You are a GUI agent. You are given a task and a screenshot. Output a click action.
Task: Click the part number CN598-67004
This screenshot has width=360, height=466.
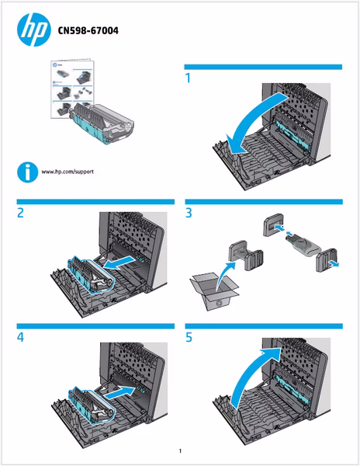pyautogui.click(x=88, y=30)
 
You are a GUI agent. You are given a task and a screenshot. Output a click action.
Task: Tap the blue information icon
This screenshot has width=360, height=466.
pyautogui.click(x=28, y=172)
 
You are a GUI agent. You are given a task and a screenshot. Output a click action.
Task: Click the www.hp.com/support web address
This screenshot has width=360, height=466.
pyautogui.click(x=67, y=172)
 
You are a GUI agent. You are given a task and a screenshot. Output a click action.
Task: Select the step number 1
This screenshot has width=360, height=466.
pyautogui.click(x=188, y=78)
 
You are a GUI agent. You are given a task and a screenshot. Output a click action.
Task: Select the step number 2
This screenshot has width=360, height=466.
pyautogui.click(x=20, y=213)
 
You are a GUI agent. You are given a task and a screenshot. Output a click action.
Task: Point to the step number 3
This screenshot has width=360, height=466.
pyautogui.click(x=189, y=213)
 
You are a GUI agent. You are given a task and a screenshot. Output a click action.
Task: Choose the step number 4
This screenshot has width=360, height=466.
pyautogui.click(x=20, y=337)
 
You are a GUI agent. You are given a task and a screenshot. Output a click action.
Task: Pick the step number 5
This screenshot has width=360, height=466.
pyautogui.click(x=189, y=337)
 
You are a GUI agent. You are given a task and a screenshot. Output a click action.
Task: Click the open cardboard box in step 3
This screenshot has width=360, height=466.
pyautogui.click(x=214, y=291)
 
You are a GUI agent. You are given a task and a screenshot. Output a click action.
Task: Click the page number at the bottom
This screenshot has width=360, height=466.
pyautogui.click(x=180, y=450)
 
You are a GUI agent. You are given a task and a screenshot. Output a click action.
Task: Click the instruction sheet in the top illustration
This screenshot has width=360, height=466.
pyautogui.click(x=71, y=89)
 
